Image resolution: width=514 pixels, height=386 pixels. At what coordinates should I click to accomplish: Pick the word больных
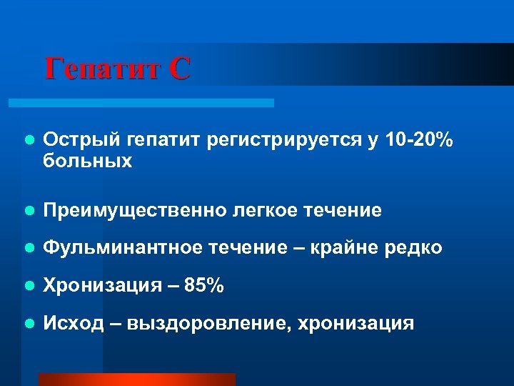click(88, 162)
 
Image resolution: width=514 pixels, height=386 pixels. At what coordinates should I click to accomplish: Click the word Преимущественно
click(133, 211)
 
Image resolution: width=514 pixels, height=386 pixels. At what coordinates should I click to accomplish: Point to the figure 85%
click(204, 286)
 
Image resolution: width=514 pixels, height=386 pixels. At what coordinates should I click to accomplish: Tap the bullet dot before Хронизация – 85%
click(28, 287)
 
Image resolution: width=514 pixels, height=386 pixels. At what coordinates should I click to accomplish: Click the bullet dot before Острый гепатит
click(28, 142)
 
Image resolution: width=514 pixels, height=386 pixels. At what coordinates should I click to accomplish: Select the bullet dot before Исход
click(28, 324)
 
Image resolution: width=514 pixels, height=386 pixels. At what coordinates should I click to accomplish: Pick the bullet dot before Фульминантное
click(28, 249)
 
